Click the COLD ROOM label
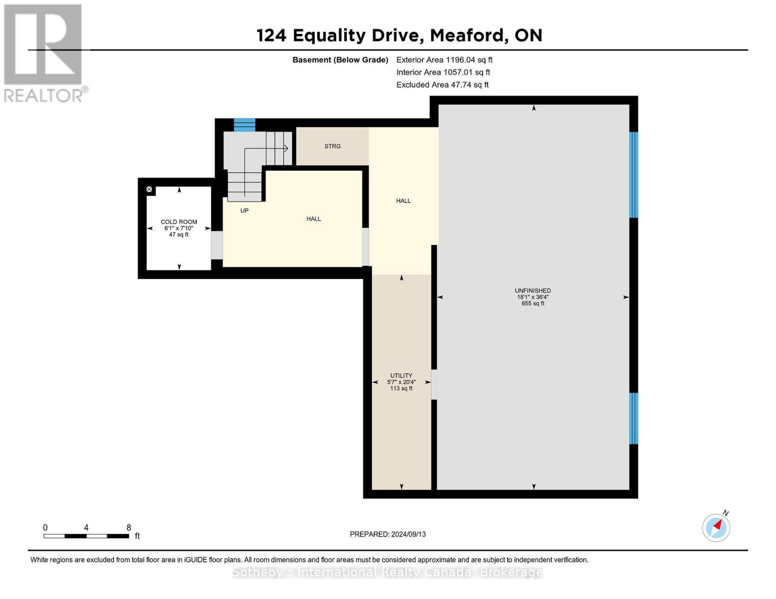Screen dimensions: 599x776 point(179,222)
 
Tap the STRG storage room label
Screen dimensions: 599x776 point(332,146)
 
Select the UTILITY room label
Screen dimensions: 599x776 point(401,376)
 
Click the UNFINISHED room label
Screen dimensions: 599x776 point(533,291)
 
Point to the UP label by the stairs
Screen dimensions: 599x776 point(244,211)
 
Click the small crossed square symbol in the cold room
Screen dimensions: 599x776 point(149,190)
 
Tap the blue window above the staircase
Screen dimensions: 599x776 point(244,125)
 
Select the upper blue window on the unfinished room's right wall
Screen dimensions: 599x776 point(633,175)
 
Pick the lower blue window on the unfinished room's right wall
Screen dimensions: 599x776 point(633,418)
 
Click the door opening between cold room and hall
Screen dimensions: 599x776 point(217,245)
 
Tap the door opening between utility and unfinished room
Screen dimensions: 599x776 point(434,384)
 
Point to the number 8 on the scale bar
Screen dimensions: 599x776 point(128,528)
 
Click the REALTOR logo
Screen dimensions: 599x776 point(43,52)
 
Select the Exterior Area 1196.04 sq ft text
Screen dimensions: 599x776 point(444,60)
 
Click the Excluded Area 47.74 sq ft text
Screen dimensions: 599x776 point(442,85)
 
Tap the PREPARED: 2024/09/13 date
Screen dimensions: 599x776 point(388,534)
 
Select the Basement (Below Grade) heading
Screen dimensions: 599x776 point(340,60)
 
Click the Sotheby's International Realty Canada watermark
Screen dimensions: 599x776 point(388,573)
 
